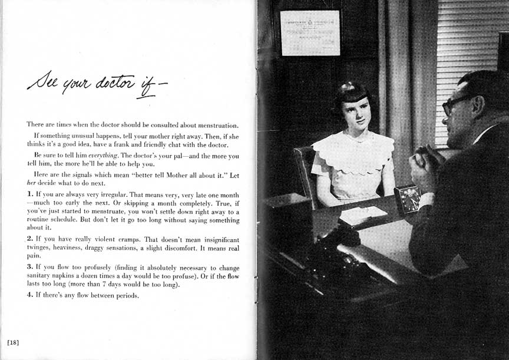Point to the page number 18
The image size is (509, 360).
(13, 342)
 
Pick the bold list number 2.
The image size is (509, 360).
(29, 239)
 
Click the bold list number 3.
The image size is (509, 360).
(29, 266)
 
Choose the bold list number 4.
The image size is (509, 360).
(29, 295)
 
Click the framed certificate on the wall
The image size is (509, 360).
(310, 33)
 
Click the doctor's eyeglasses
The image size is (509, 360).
(455, 104)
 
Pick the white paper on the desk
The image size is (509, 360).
(362, 216)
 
